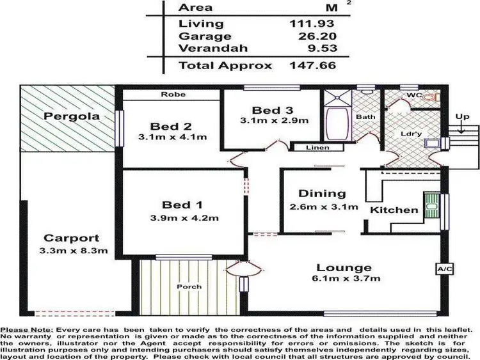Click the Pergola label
[x=63, y=117]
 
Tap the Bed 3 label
[x=271, y=109]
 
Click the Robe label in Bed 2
[x=173, y=95]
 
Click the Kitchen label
[x=394, y=210]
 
